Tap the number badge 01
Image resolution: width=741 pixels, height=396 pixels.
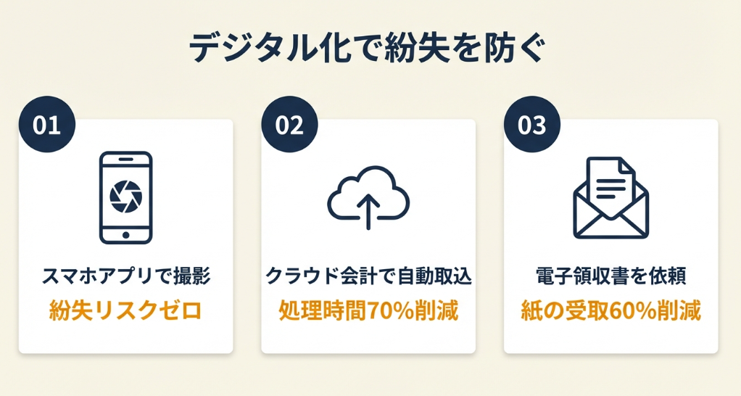click(47, 124)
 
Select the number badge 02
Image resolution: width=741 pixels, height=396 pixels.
click(289, 124)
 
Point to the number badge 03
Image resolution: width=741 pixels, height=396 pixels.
click(532, 124)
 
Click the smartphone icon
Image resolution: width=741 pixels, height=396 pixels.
click(125, 197)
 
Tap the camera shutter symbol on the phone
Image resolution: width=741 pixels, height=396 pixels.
click(125, 196)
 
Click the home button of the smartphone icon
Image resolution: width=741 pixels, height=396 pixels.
click(125, 235)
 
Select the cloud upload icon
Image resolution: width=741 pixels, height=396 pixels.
click(368, 197)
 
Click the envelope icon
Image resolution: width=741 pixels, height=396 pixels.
click(611, 198)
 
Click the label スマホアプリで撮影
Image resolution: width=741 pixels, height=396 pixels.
click(126, 276)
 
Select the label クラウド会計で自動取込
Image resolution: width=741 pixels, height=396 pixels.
click(368, 276)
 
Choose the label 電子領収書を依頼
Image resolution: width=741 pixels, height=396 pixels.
click(611, 276)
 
